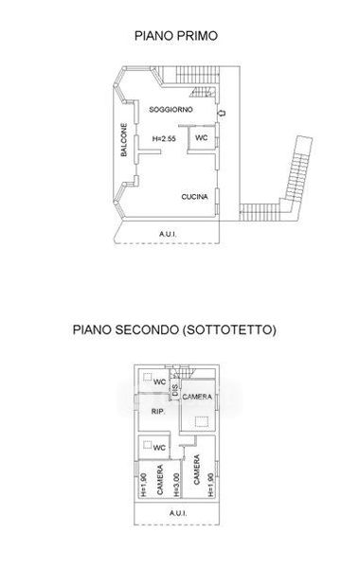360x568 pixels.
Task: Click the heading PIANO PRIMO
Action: (x=176, y=36)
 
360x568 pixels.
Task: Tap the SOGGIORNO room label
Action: (x=171, y=110)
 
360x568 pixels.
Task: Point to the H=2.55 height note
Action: (x=164, y=138)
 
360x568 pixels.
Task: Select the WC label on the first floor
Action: (x=201, y=137)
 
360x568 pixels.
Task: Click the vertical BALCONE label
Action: (x=124, y=140)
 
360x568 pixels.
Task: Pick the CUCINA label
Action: (x=194, y=197)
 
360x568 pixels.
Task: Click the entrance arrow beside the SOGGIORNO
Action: (x=222, y=113)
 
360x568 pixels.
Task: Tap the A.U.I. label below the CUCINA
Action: (x=168, y=234)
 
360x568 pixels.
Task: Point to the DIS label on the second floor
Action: (x=175, y=390)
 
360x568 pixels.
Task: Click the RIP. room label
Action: (x=158, y=412)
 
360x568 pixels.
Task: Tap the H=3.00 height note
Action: (x=176, y=485)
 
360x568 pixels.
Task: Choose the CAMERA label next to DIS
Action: (x=197, y=397)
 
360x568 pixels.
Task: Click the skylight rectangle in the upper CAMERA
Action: (x=202, y=422)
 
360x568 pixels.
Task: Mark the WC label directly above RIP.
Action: (x=159, y=382)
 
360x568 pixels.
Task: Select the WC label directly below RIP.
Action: (x=159, y=448)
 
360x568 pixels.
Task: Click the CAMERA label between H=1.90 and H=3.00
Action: (x=160, y=480)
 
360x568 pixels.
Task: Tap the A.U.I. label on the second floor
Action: (x=178, y=513)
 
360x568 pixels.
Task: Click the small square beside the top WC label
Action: (x=147, y=377)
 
